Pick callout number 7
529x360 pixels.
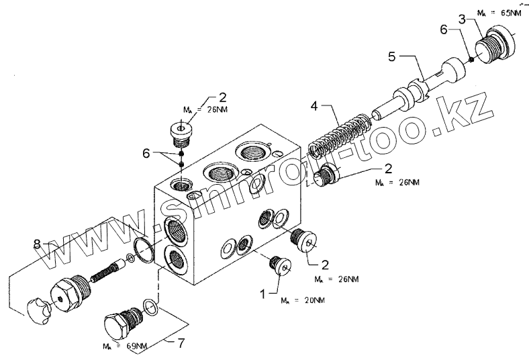click(x=180, y=344)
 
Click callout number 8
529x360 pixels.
click(x=38, y=242)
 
